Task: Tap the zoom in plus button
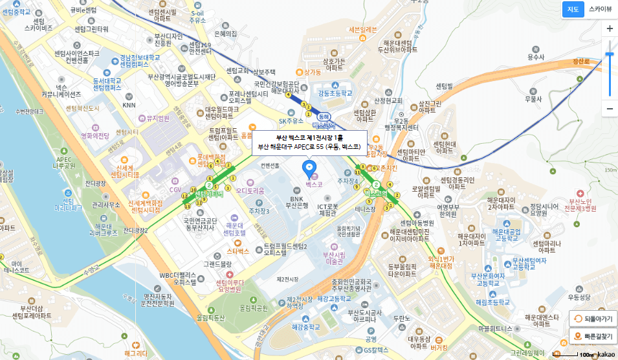(609, 29)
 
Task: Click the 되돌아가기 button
(593, 319)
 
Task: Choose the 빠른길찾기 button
(593, 337)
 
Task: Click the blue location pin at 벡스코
(309, 169)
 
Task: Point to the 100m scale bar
(578, 355)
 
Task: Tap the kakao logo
(606, 354)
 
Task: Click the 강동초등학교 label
(335, 93)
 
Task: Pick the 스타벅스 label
(237, 251)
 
